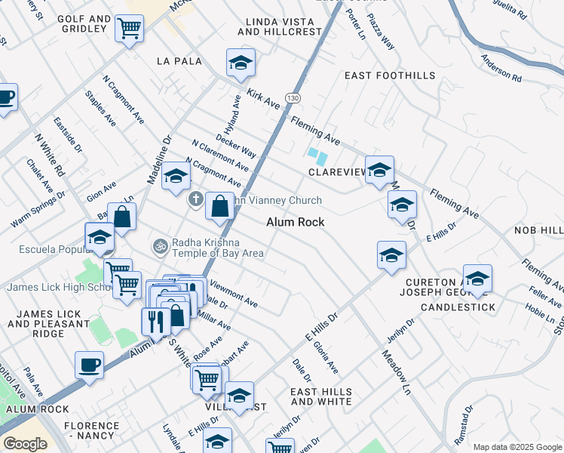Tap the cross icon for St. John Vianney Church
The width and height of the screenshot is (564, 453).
pyautogui.click(x=195, y=200)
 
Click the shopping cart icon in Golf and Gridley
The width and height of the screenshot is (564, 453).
pyautogui.click(x=129, y=29)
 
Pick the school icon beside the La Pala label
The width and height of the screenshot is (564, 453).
pyautogui.click(x=241, y=63)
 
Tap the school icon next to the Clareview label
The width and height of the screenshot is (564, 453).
pyautogui.click(x=379, y=168)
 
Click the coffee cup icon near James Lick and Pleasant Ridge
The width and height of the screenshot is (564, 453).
pyautogui.click(x=89, y=365)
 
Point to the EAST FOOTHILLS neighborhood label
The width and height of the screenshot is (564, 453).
pyautogui.click(x=390, y=75)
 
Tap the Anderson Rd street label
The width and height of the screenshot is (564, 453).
pyautogui.click(x=501, y=69)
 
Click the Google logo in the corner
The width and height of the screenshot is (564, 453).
pyautogui.click(x=24, y=443)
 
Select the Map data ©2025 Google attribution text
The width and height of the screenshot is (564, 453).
pyautogui.click(x=517, y=447)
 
